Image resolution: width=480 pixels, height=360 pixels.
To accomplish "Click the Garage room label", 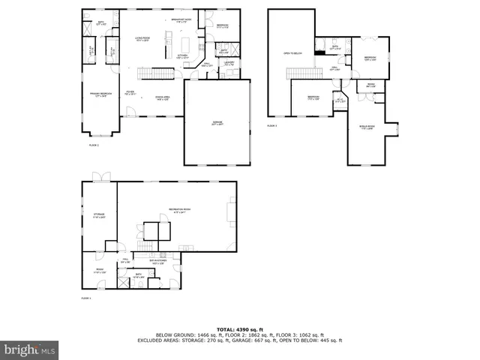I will click(x=217, y=122).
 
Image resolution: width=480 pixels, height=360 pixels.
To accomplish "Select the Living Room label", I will click(x=143, y=39).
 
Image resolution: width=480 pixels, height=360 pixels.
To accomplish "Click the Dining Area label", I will click(x=163, y=97).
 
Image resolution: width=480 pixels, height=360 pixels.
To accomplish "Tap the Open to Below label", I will click(x=292, y=53).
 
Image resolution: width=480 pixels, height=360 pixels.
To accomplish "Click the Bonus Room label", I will click(x=367, y=127).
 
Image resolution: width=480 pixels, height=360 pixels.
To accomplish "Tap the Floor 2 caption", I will click(x=94, y=144).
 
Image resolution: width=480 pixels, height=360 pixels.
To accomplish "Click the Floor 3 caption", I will click(x=272, y=126).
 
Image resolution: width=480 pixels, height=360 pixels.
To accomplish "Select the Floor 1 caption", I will click(x=85, y=298).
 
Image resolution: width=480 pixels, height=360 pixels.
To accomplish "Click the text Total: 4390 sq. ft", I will click(x=239, y=329).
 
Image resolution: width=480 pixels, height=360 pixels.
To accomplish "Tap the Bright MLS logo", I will click(x=30, y=349).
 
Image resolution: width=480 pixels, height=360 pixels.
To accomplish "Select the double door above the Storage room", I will click(x=100, y=177).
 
